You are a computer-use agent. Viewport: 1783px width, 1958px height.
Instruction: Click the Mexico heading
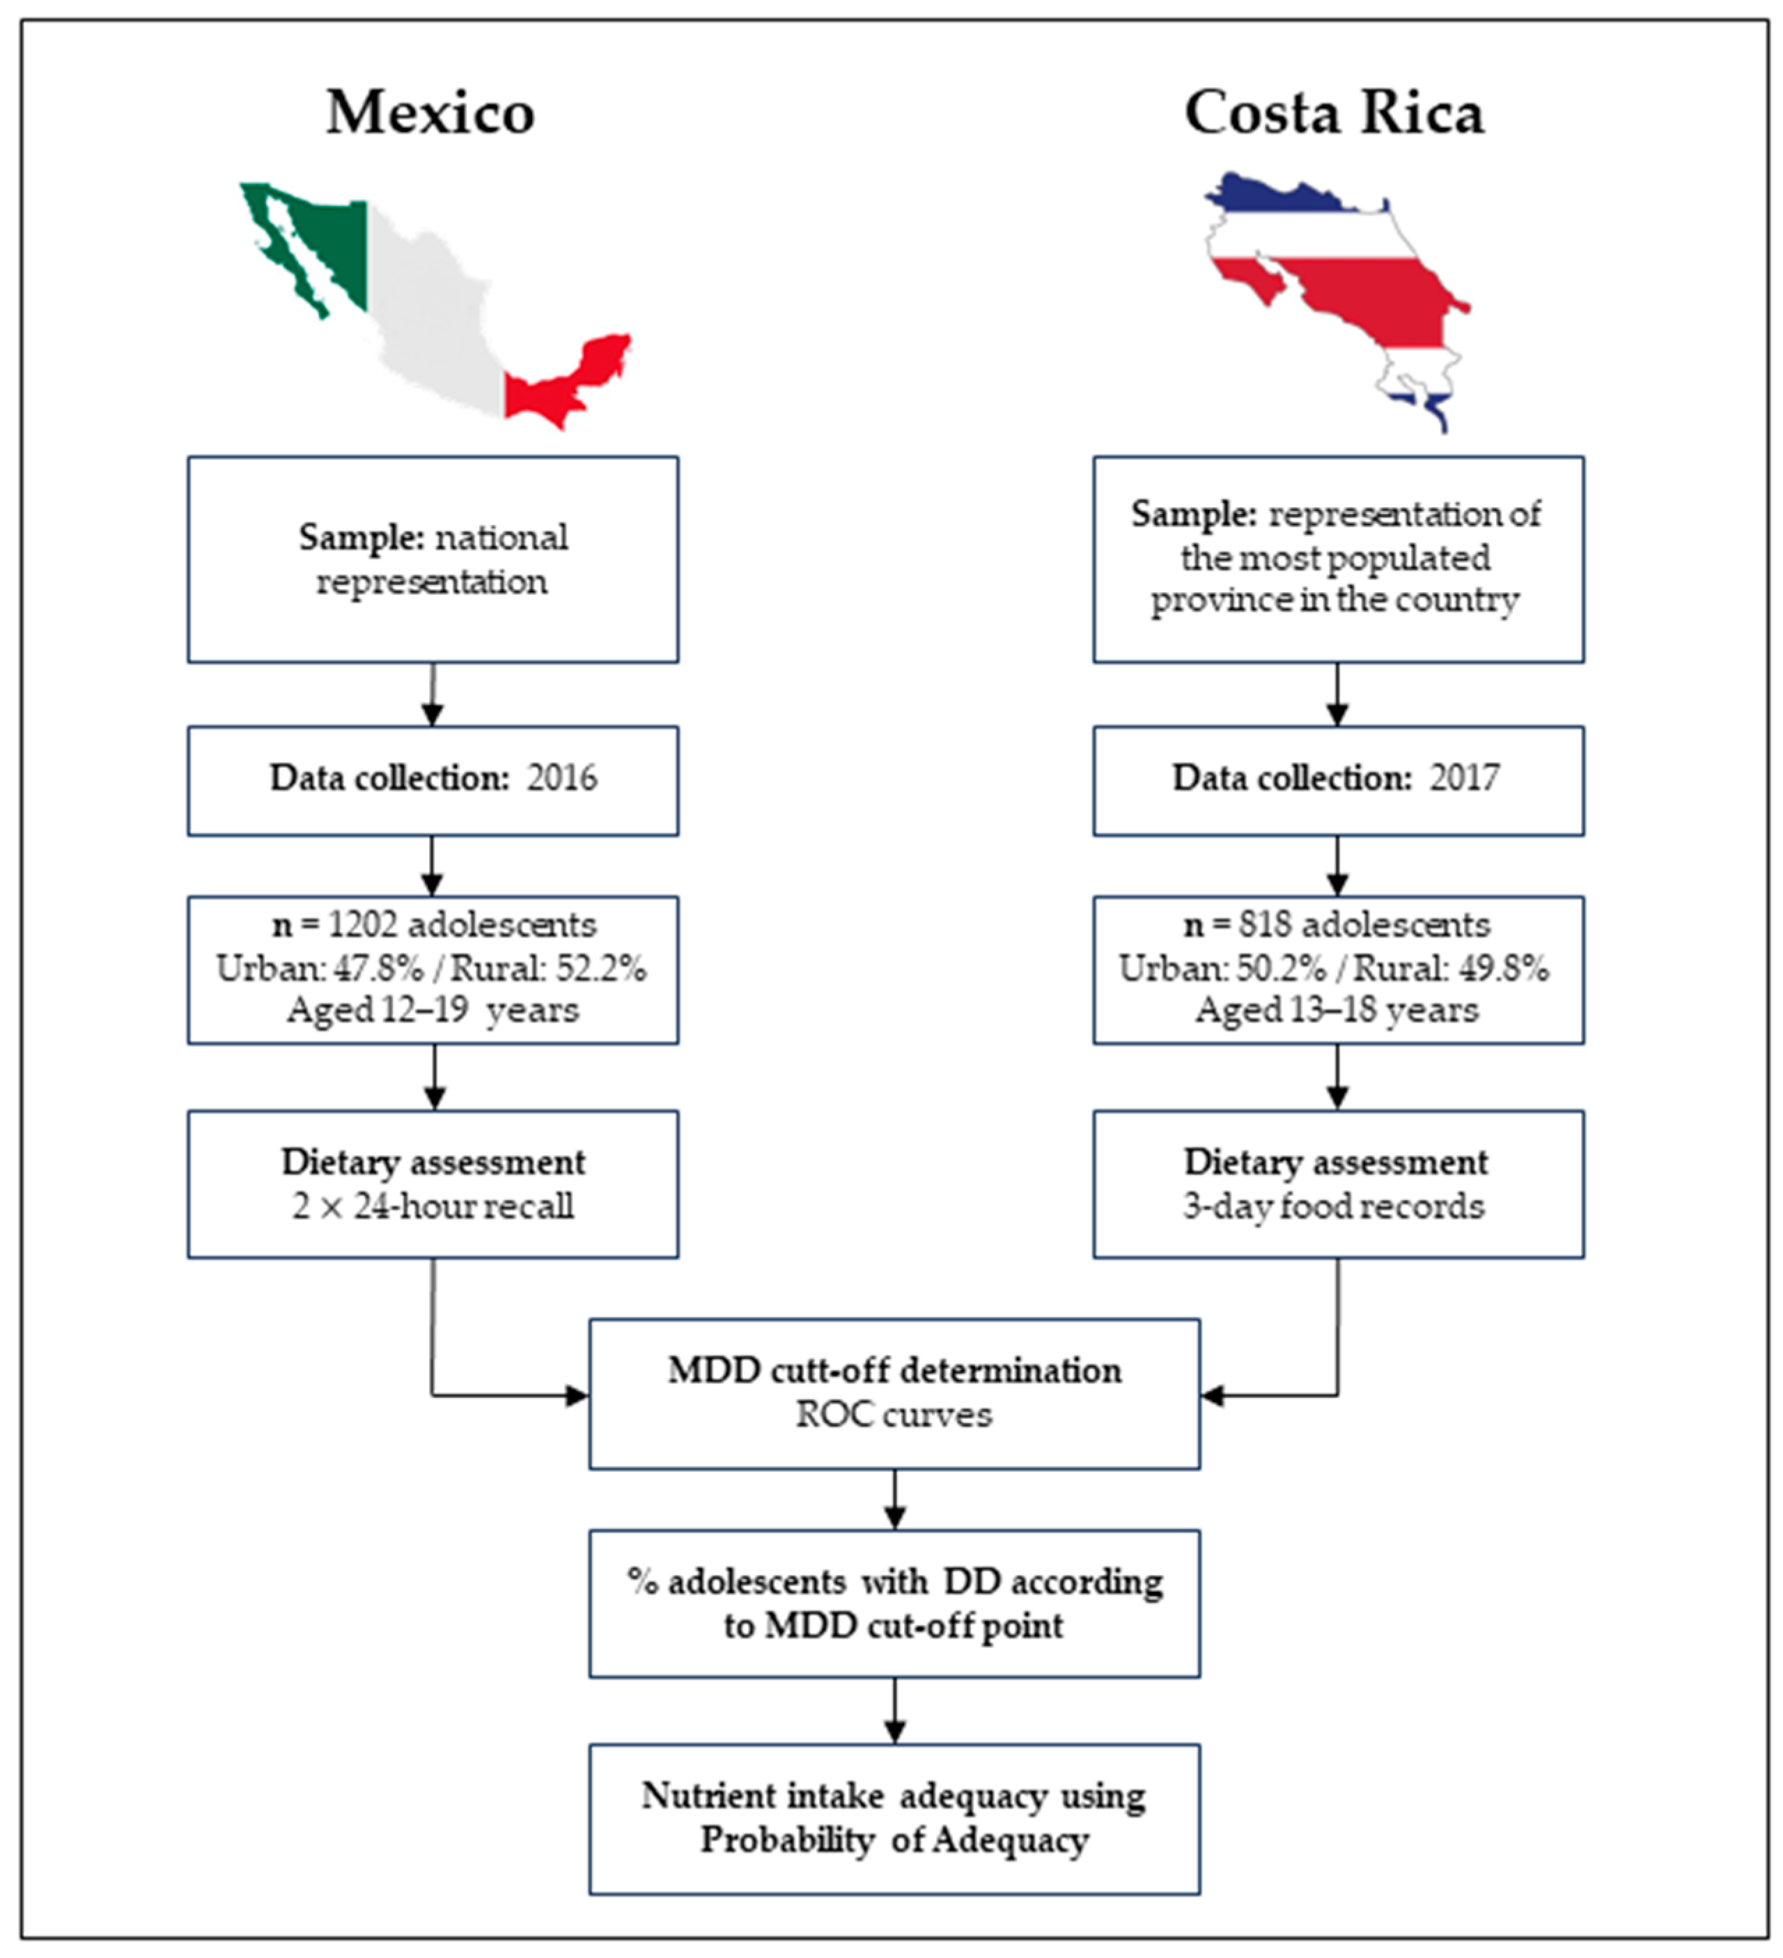click(430, 114)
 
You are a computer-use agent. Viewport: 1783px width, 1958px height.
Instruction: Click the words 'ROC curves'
click(894, 1415)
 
